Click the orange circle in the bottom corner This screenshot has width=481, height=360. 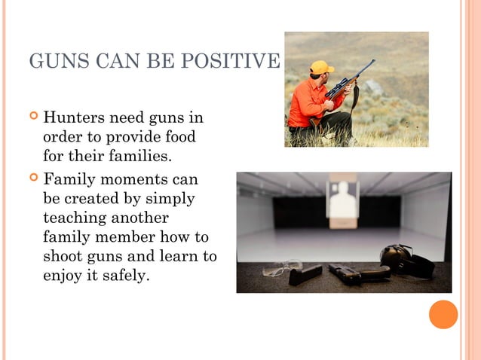pos(443,314)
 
